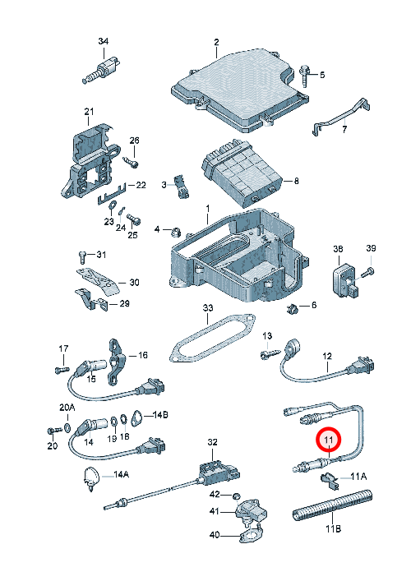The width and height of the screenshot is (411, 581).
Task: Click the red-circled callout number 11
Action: click(x=328, y=440)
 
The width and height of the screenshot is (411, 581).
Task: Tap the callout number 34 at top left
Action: click(x=103, y=41)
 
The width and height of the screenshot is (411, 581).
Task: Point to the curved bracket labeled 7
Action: click(x=341, y=117)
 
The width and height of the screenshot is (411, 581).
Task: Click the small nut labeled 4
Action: click(x=175, y=233)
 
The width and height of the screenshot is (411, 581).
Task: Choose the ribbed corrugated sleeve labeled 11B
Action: click(x=332, y=505)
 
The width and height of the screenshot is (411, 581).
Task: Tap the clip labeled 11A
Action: click(x=330, y=480)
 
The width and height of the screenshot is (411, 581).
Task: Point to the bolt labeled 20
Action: click(x=55, y=431)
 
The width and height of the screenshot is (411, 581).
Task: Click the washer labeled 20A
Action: click(x=67, y=427)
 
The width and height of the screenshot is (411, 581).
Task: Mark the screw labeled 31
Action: click(x=83, y=256)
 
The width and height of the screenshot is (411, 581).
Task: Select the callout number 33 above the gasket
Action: click(x=208, y=307)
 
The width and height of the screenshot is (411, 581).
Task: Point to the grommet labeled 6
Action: click(x=293, y=307)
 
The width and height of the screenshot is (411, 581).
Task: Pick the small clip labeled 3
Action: click(x=182, y=186)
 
